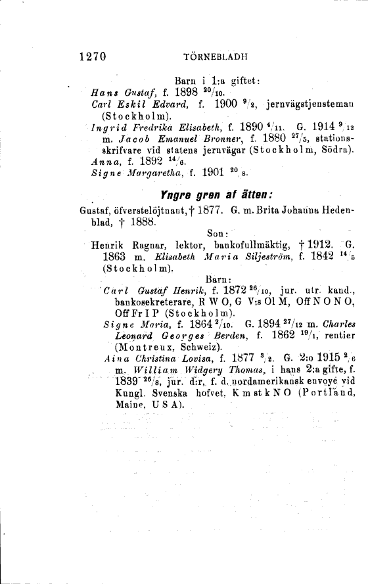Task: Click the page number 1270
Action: coord(93,56)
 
